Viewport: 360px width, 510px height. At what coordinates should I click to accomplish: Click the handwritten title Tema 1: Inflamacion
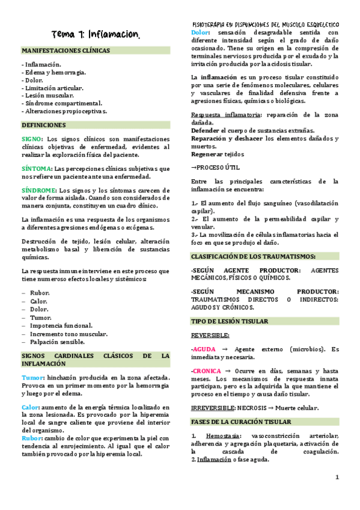pyautogui.click(x=96, y=34)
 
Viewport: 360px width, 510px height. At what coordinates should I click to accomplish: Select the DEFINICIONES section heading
pyautogui.click(x=43, y=125)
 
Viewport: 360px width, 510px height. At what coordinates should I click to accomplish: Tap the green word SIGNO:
pyautogui.click(x=32, y=139)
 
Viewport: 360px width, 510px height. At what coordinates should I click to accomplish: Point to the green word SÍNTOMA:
pyautogui.click(x=35, y=168)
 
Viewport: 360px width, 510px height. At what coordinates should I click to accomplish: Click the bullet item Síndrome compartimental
pyautogui.click(x=63, y=103)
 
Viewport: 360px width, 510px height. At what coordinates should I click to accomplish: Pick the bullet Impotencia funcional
pyautogui.click(x=64, y=325)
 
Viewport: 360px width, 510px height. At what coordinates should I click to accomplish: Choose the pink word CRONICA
pyautogui.click(x=207, y=371)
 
